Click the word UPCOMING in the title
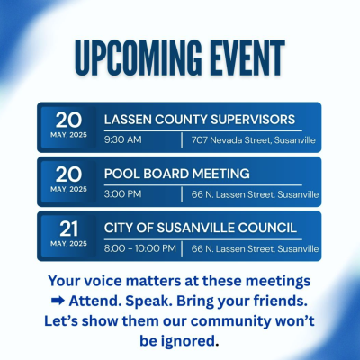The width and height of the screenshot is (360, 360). [139, 58]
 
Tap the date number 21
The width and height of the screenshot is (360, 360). [68, 229]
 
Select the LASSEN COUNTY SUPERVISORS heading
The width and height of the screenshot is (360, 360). [200, 120]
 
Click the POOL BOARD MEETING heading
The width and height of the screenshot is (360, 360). [176, 174]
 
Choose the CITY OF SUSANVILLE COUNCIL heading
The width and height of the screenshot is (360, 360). [201, 228]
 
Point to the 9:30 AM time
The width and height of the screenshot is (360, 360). [123, 139]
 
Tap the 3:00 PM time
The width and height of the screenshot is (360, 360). [122, 194]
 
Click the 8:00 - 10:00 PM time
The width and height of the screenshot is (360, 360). [140, 248]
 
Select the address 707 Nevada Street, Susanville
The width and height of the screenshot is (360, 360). [254, 140]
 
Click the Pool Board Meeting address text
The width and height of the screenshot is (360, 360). [255, 194]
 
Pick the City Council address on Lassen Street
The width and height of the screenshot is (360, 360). [255, 248]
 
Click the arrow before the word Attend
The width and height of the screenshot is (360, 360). [58, 301]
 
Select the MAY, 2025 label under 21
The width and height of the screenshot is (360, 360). [68, 243]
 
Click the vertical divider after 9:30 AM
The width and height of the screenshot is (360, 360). [182, 140]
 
